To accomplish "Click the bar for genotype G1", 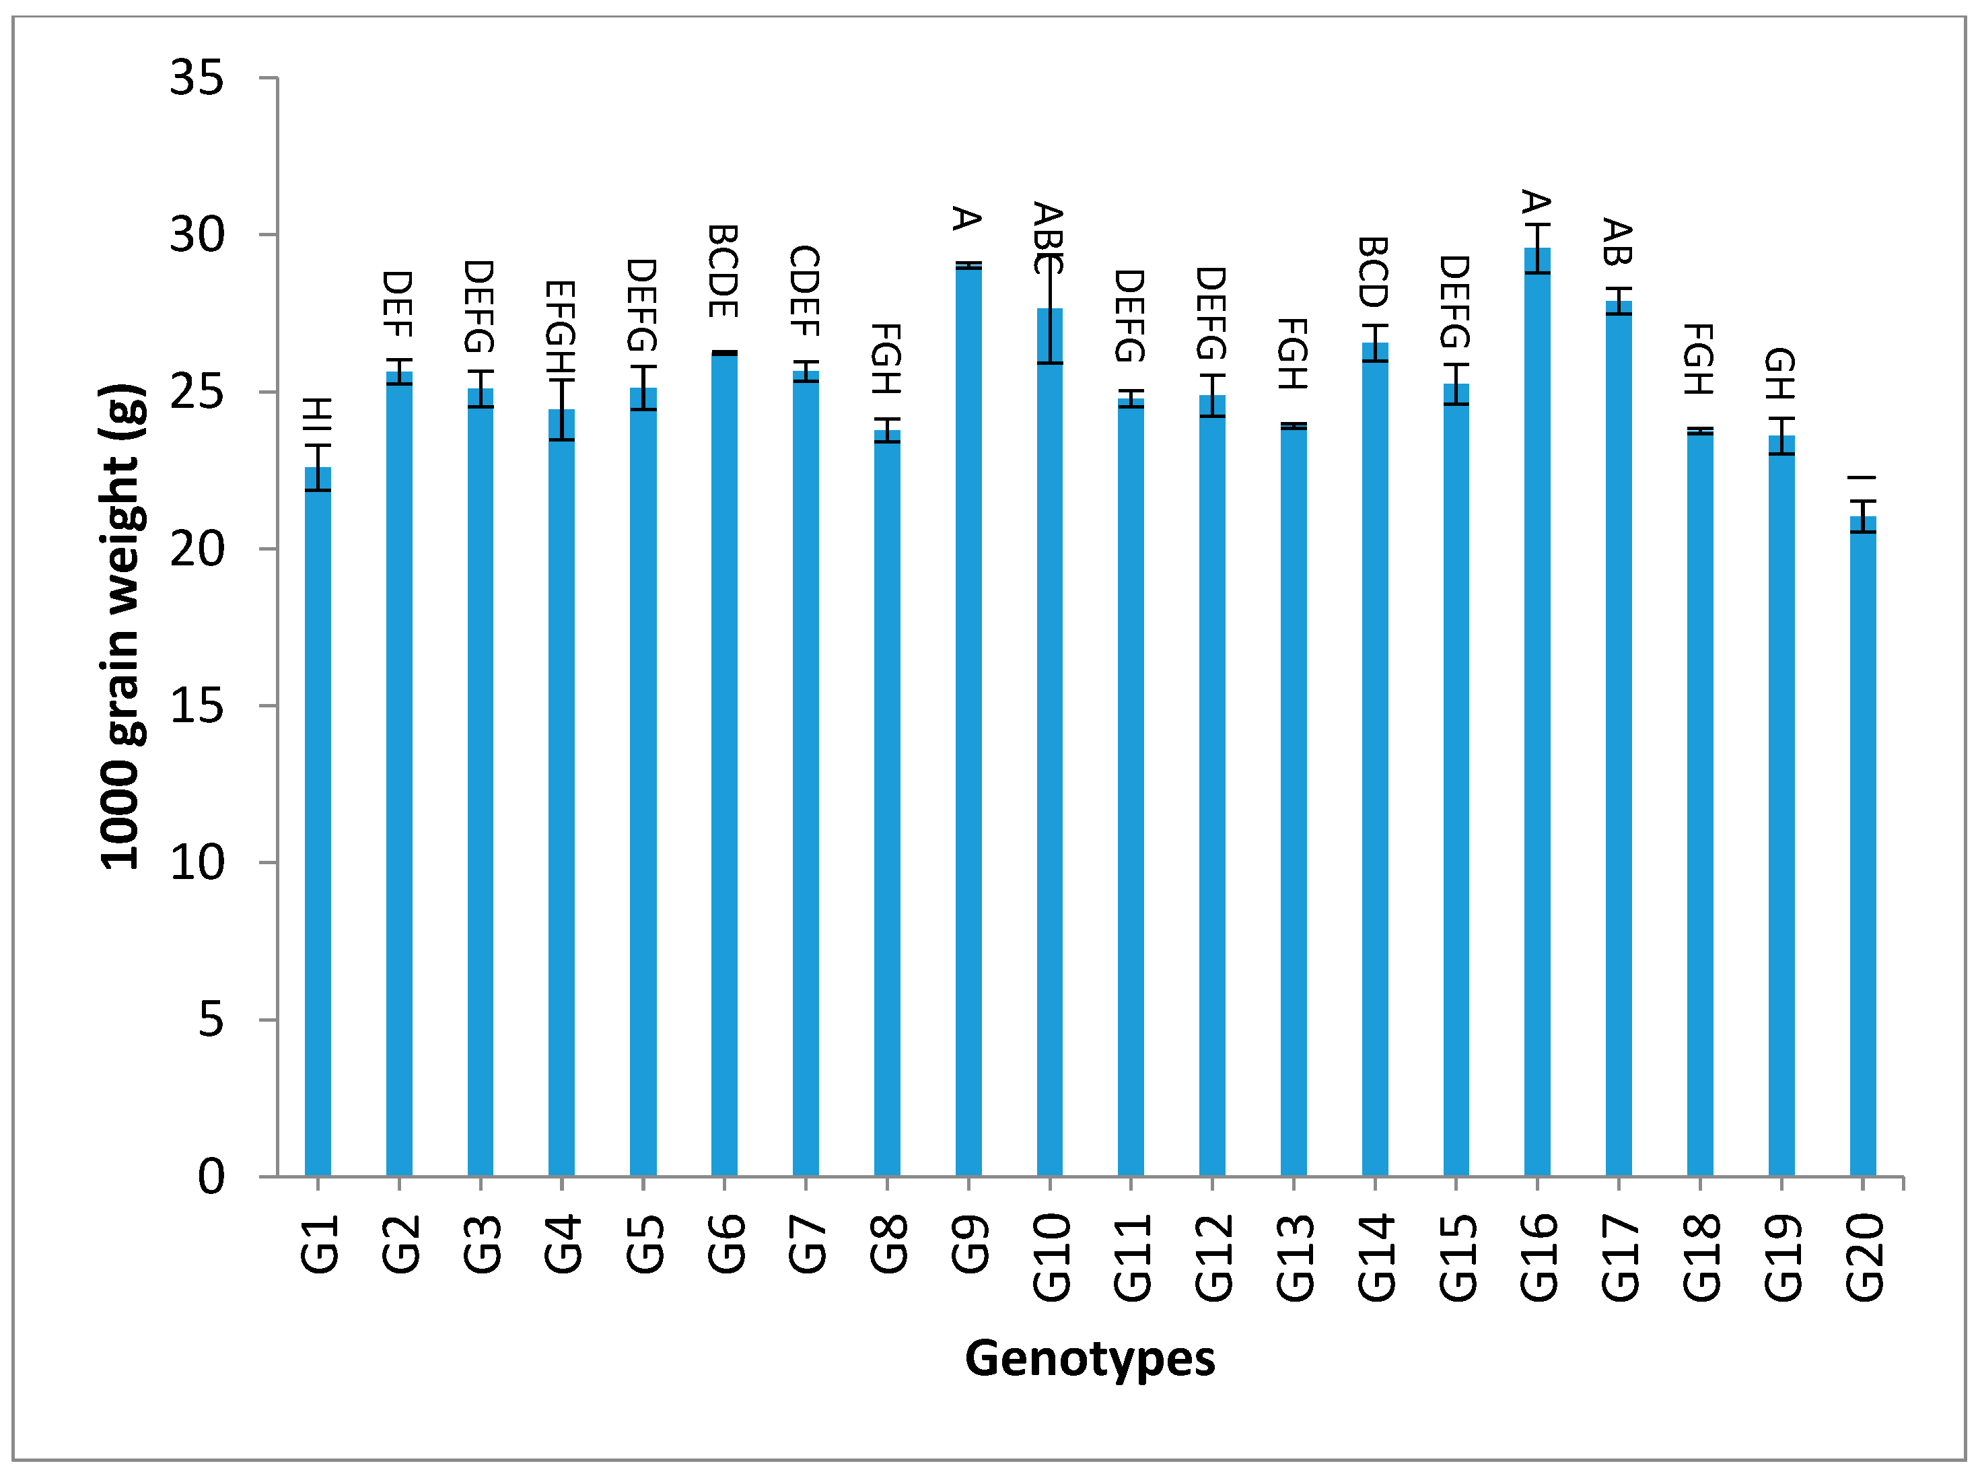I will tap(318, 822).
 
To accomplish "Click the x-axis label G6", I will tap(726, 1244).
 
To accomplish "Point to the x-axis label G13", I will tap(1294, 1257).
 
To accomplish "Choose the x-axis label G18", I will tap(1701, 1257).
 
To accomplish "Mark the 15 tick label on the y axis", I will tap(197, 706).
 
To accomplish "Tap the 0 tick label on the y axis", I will tap(211, 1176).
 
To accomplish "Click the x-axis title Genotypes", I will tap(1090, 1359).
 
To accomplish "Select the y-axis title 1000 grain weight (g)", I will tap(122, 625).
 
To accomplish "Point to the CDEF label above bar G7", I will tap(805, 291).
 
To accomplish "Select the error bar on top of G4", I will tap(562, 410).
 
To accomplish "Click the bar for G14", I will tap(1375, 759).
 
